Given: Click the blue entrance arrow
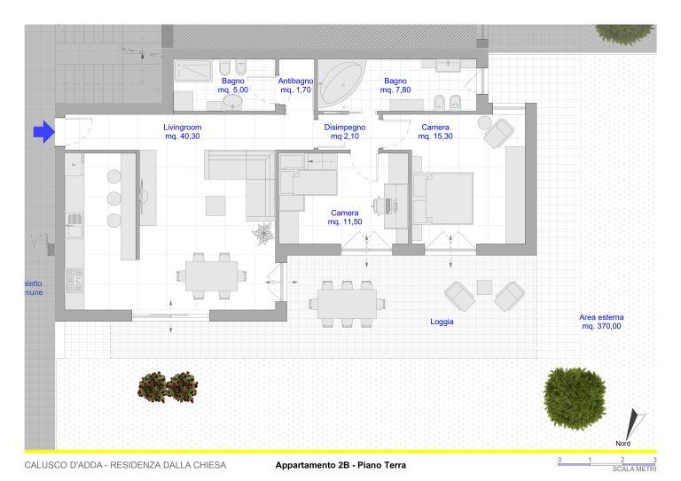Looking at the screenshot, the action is tap(43, 131).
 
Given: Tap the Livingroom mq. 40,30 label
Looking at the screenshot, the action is tap(183, 132).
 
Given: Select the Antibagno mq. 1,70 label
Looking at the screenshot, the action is tap(296, 85).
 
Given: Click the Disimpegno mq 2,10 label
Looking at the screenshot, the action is tap(345, 132).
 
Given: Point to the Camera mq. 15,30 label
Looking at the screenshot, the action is tap(435, 132).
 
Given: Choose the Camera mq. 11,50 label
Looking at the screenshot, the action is tap(345, 217).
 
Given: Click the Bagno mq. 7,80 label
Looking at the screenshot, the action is tap(395, 85).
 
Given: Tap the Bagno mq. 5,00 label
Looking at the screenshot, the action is tap(233, 85).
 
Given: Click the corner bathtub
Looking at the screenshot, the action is tap(340, 83).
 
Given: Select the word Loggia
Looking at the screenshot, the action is tap(442, 322).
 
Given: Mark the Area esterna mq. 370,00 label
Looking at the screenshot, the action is tap(601, 322).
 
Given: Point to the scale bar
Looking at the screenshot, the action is tap(607, 464).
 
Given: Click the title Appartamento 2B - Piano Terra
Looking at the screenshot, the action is tap(340, 465).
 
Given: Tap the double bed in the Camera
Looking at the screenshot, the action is tap(443, 198).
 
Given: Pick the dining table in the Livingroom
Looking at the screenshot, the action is tap(212, 276).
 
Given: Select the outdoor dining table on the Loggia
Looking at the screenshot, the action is tap(347, 304).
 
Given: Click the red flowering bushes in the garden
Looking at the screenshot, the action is tap(168, 387).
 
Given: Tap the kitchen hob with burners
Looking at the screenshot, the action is tap(74, 281).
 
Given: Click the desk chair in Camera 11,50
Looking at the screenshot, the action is tap(383, 206).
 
